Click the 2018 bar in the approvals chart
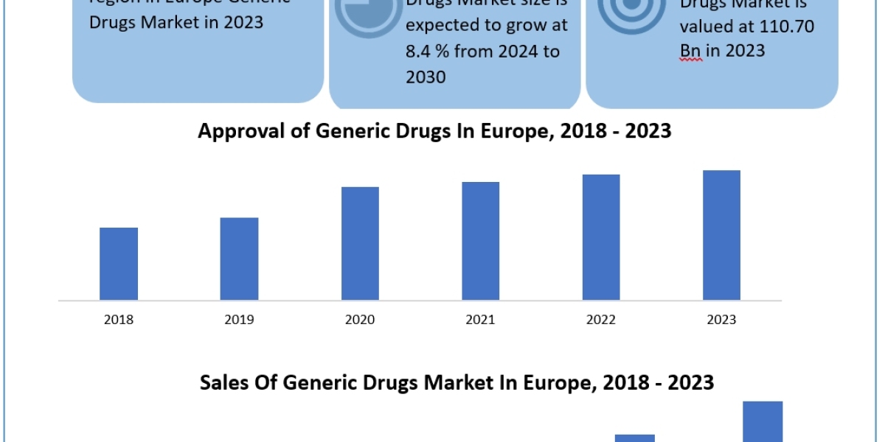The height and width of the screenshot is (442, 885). click(119, 264)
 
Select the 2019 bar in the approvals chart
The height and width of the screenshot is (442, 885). click(239, 259)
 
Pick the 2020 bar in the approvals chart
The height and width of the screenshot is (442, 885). click(360, 243)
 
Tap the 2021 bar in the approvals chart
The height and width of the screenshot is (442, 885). click(480, 241)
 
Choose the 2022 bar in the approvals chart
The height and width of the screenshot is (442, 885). click(601, 237)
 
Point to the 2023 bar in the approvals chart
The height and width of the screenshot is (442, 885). click(721, 235)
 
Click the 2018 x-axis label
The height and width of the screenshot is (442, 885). click(119, 320)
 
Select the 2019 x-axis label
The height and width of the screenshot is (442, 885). click(239, 320)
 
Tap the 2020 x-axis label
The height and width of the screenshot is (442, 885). click(360, 320)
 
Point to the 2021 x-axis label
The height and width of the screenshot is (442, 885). click(480, 320)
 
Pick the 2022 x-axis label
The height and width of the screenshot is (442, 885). click(601, 320)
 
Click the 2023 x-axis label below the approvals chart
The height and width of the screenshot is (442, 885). click(721, 320)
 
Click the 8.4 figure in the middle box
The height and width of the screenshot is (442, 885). click(422, 52)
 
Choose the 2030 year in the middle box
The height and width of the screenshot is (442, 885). click(426, 77)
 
